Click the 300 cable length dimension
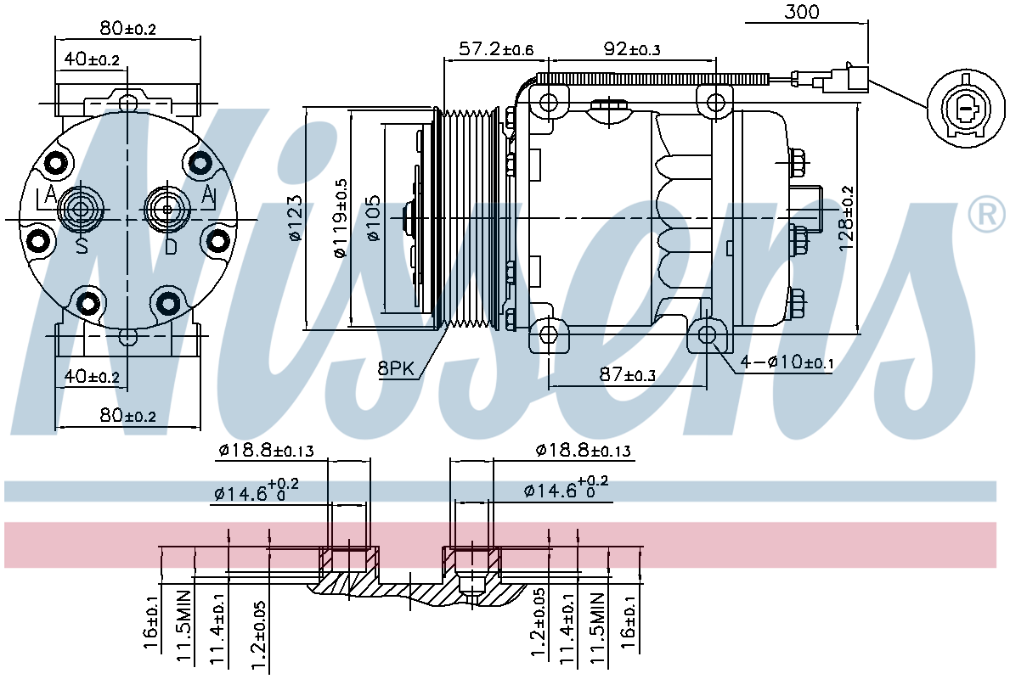coord(801,12)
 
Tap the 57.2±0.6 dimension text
coord(495,49)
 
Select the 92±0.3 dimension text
coord(630,49)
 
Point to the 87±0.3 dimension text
coord(627,374)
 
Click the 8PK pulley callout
coord(396,369)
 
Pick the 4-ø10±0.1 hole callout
coord(787,362)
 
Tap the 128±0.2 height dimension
coord(845,218)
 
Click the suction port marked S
coord(81,209)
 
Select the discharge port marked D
coord(167,209)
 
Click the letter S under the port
coord(82,245)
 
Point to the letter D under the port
coord(170,245)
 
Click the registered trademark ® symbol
coord(987,215)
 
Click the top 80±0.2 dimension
coord(128,28)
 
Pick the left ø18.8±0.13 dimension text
coord(265,451)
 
